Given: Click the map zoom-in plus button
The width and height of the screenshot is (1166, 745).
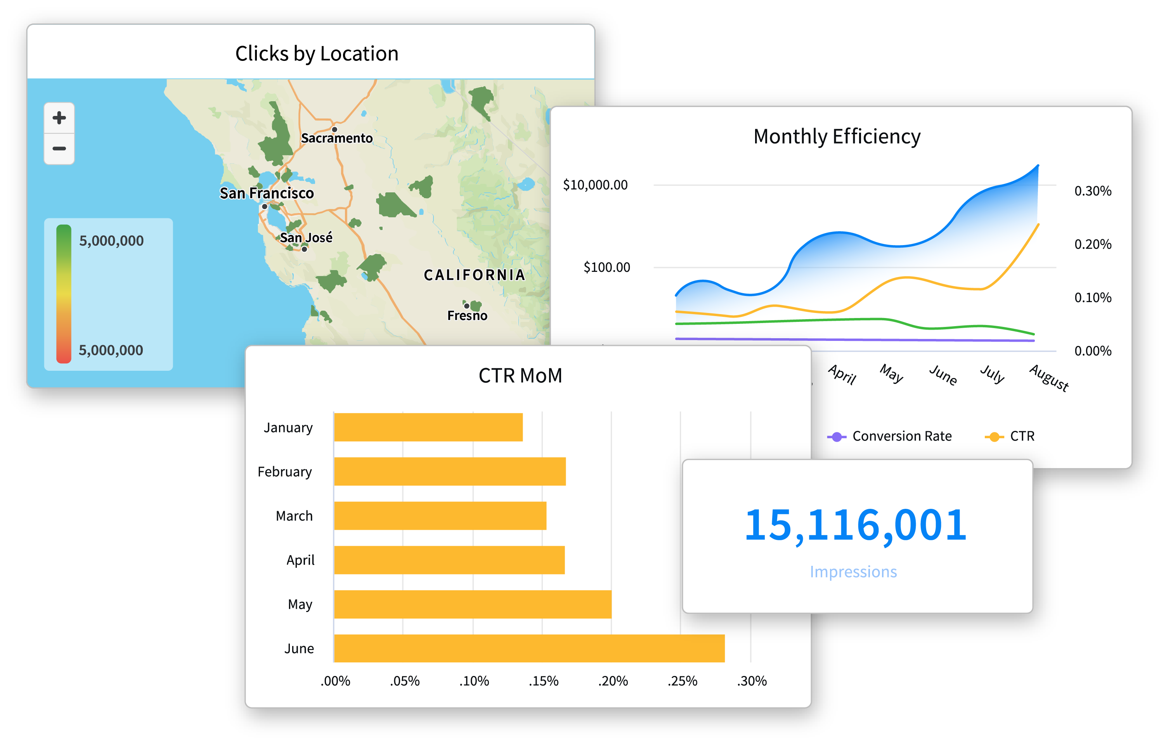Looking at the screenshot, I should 59,118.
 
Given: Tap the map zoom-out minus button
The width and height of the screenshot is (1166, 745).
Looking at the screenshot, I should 59,149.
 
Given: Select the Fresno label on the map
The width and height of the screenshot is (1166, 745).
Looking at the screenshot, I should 467,316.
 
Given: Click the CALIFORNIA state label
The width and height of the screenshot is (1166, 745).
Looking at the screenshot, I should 474,275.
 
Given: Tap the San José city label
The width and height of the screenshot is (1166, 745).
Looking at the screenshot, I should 306,238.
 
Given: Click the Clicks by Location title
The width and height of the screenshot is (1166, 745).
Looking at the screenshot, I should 317,53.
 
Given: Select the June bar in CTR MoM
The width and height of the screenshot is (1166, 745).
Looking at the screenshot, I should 529,648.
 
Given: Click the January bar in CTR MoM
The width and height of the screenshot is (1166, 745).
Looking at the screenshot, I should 428,427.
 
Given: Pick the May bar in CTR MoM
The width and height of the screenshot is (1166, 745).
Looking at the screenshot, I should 473,604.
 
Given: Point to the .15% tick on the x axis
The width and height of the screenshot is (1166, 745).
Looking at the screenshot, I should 543,681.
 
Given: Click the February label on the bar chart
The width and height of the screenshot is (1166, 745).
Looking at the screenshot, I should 285,472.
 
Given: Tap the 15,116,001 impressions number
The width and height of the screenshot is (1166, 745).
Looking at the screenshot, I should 855,525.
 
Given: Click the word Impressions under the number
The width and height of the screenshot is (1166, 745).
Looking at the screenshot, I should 853,572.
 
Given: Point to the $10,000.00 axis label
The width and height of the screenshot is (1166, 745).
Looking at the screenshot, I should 595,185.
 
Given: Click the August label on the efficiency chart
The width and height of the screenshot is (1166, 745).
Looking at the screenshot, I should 1049,378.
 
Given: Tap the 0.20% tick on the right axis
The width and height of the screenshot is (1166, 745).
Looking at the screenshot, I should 1092,244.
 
